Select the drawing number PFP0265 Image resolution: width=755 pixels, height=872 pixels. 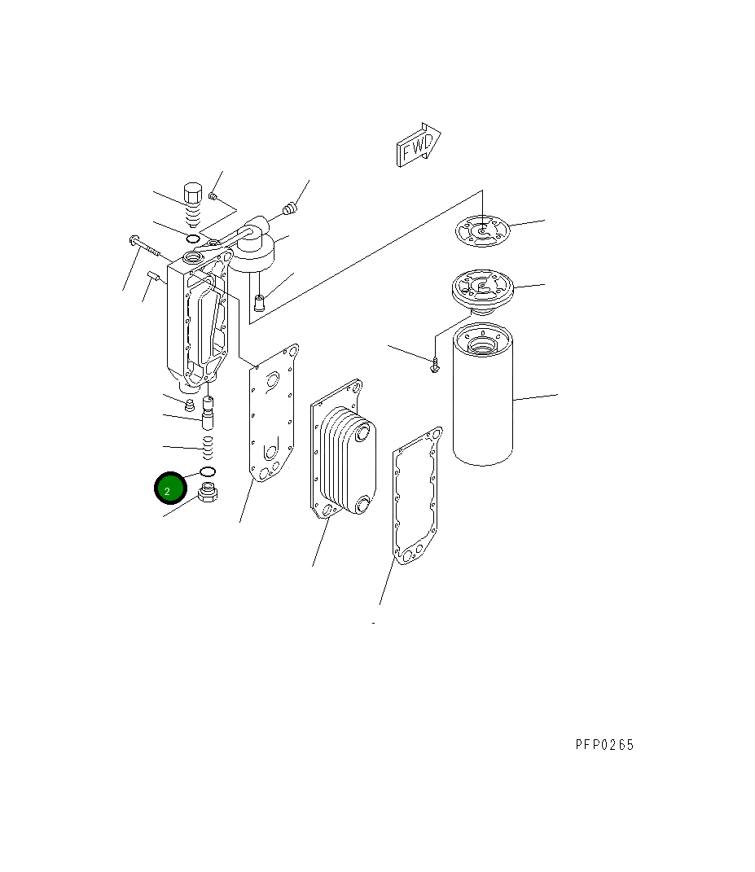[604, 745]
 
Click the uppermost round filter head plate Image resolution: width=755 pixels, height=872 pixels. [483, 230]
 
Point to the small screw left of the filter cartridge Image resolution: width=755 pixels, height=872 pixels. [436, 366]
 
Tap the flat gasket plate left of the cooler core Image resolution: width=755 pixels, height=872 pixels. [273, 415]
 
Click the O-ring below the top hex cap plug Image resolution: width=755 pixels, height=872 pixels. [192, 239]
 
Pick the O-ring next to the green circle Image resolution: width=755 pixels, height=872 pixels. [207, 473]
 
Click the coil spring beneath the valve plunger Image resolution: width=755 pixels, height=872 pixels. [208, 445]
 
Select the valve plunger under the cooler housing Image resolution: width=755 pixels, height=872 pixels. [208, 414]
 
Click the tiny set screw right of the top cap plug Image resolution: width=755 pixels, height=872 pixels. [213, 195]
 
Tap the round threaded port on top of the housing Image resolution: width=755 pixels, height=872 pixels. [195, 259]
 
